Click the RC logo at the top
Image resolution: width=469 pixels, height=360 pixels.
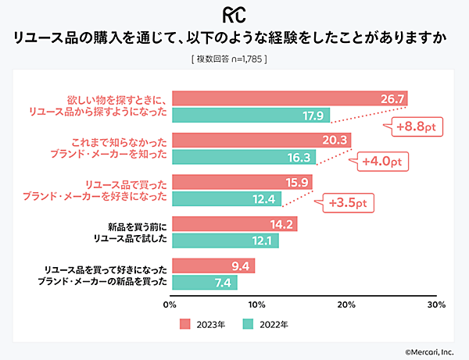pyautogui.click(x=234, y=15)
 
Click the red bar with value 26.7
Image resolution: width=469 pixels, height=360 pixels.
pyautogui.click(x=288, y=98)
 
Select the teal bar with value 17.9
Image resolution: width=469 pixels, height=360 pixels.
pyautogui.click(x=250, y=115)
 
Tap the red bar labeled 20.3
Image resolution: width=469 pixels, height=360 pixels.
pyautogui.click(x=260, y=141)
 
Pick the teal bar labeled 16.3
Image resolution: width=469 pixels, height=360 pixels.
pyautogui.click(x=243, y=157)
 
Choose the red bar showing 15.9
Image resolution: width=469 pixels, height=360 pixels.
pyautogui.click(x=242, y=182)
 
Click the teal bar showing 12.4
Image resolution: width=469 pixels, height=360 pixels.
pyautogui.click(x=226, y=198)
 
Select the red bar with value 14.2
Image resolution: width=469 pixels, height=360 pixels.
pyautogui.click(x=234, y=224)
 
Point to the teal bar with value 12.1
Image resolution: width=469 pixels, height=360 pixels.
pyautogui.click(x=224, y=241)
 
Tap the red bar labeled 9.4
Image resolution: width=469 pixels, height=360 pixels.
pyautogui.click(x=213, y=266)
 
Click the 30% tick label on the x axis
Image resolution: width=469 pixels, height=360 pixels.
pyautogui.click(x=436, y=304)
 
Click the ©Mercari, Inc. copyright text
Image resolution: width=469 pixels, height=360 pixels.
pyautogui.click(x=434, y=352)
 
